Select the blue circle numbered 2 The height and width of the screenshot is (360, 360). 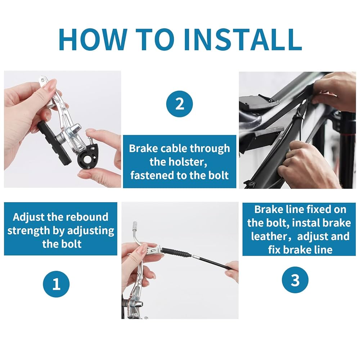[x=180, y=104]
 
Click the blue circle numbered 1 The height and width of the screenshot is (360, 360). [x=56, y=284]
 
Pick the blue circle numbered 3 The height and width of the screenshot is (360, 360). [x=295, y=280]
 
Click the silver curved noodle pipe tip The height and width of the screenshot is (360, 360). [x=135, y=224]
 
